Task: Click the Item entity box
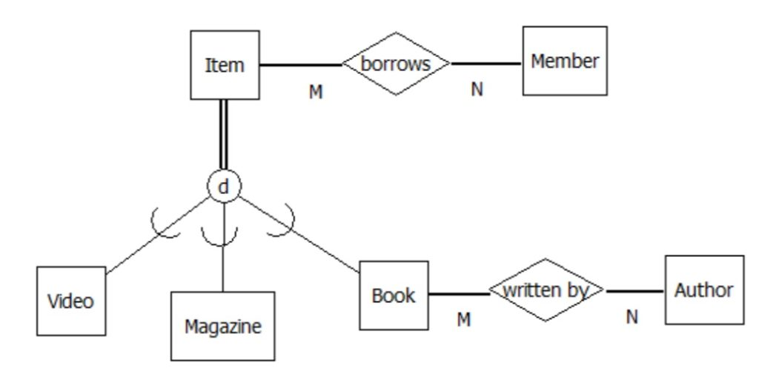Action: click(x=225, y=65)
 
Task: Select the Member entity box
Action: click(x=564, y=61)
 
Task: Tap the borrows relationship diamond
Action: click(x=396, y=64)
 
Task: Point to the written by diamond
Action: click(x=546, y=290)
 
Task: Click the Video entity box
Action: click(x=71, y=301)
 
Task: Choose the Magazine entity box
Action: click(x=222, y=326)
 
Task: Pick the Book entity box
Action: click(x=394, y=295)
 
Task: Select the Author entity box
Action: click(x=703, y=290)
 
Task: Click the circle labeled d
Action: click(x=224, y=187)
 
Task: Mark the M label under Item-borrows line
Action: click(x=316, y=93)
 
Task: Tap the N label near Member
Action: click(x=477, y=90)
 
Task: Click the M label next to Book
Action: click(x=463, y=319)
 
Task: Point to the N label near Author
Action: click(x=632, y=317)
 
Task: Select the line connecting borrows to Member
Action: click(x=486, y=64)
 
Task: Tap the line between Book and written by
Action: click(x=459, y=294)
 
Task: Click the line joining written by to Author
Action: click(x=634, y=291)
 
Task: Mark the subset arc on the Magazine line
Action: click(x=220, y=238)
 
